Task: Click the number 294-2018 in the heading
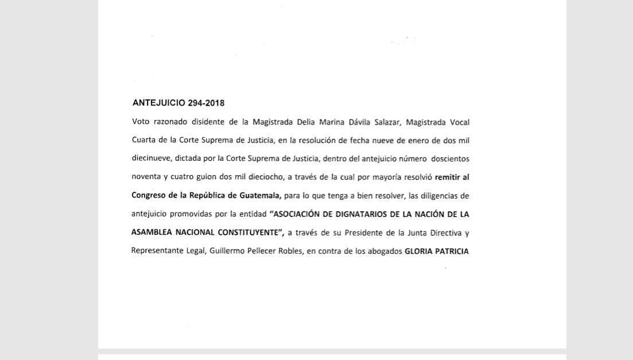(206, 103)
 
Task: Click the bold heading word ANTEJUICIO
(159, 103)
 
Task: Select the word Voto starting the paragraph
(141, 122)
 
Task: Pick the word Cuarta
(143, 141)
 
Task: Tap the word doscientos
(450, 159)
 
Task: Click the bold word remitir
(447, 177)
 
